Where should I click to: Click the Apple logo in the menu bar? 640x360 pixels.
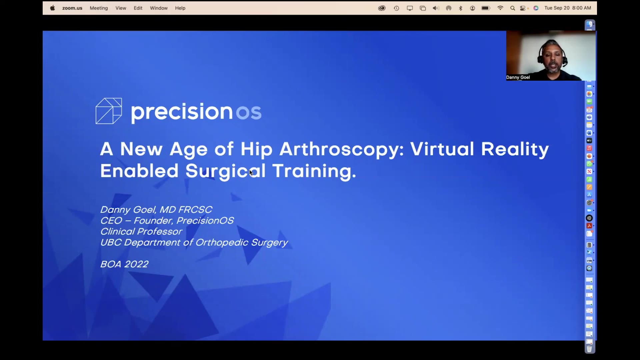point(52,8)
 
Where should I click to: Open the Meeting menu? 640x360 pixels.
point(99,8)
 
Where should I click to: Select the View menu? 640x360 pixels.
point(121,8)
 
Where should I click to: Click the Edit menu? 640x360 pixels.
point(138,8)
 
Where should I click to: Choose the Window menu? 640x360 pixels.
point(159,8)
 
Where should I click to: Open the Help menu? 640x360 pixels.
point(180,8)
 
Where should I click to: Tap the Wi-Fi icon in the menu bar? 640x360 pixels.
point(500,8)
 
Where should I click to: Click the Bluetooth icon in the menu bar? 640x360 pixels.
point(461,8)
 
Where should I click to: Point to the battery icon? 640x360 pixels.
point(486,8)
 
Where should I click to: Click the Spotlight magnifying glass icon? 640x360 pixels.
point(513,8)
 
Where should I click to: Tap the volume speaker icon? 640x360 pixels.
point(436,8)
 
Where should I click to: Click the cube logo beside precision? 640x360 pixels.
point(109,111)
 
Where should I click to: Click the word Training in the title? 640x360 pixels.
point(314,171)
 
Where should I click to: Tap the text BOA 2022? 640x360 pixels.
point(124,264)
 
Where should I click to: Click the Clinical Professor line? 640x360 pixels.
point(141,231)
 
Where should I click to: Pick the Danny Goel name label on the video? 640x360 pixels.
point(518,77)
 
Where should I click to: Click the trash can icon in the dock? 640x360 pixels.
point(589,349)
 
